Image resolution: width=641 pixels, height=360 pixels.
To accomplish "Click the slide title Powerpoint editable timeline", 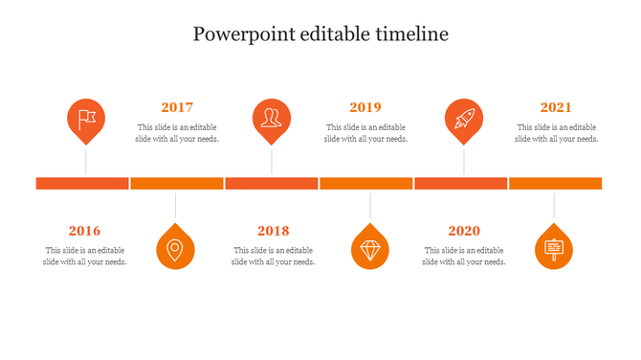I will [x=320, y=34].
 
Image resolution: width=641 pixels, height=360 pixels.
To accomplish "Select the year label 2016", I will [x=84, y=231].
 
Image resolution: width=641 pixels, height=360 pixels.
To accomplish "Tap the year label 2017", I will [x=177, y=107].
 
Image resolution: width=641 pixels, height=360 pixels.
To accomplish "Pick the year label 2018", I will [x=273, y=231].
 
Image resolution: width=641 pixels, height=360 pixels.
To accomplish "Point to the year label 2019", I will [x=365, y=107].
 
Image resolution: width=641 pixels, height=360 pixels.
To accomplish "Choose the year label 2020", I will [x=464, y=231].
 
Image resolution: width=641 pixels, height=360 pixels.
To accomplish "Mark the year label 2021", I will [x=556, y=107].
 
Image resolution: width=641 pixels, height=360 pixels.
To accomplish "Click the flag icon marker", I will [x=86, y=119].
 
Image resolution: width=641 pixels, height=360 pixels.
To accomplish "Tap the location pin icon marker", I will [x=175, y=249].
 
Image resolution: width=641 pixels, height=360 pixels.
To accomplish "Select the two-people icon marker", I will [x=272, y=119].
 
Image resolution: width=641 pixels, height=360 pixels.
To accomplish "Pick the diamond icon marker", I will [x=370, y=249].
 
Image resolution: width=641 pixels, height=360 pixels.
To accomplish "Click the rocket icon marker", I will [x=464, y=119].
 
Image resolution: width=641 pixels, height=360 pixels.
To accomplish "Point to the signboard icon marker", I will [x=554, y=249].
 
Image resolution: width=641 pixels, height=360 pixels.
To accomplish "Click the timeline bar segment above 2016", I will [x=82, y=183].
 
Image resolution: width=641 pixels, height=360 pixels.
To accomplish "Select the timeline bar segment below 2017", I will [x=176, y=183].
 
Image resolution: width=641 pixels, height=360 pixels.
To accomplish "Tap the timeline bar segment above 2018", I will [x=272, y=183].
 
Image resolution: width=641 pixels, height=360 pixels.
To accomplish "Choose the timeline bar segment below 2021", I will [x=555, y=183].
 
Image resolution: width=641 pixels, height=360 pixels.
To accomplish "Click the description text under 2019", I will [x=365, y=133].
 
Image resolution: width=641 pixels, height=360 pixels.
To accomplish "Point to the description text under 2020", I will [x=464, y=257].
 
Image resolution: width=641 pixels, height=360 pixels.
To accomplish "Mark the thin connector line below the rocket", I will [x=464, y=160].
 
